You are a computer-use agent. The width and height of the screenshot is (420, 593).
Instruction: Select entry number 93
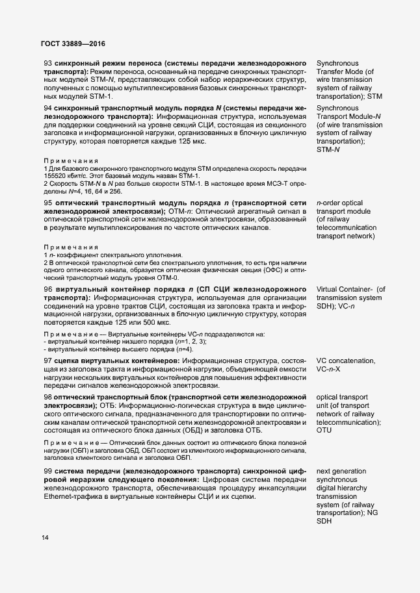[x=47, y=62]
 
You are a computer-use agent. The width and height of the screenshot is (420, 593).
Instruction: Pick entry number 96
[x=47, y=288]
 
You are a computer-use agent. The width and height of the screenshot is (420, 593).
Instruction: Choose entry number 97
[x=47, y=360]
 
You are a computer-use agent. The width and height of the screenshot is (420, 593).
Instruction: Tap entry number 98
[x=47, y=396]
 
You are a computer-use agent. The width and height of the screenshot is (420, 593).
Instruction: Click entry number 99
[x=47, y=470]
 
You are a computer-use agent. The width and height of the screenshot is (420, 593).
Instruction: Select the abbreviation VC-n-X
[x=332, y=368]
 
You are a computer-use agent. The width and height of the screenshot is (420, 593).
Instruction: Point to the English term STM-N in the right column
[x=328, y=150]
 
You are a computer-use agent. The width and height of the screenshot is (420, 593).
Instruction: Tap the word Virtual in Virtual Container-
[x=330, y=288]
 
